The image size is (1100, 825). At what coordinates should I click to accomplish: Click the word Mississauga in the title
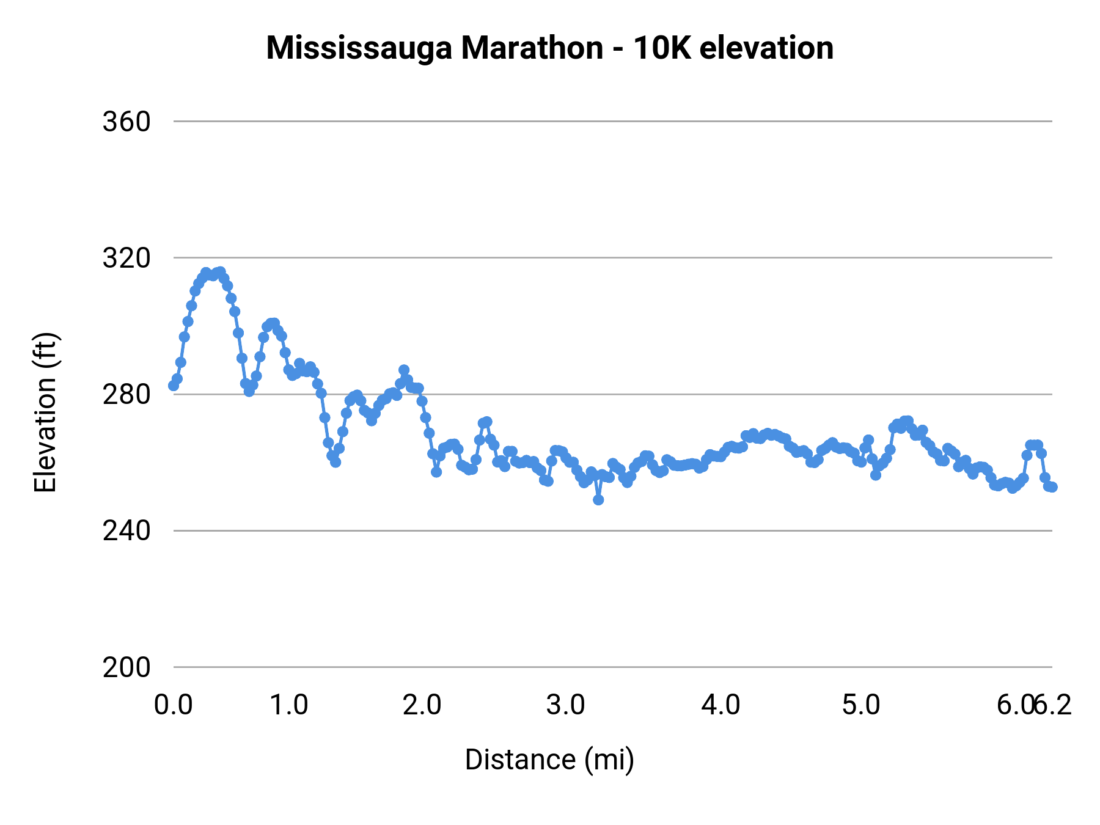pyautogui.click(x=360, y=48)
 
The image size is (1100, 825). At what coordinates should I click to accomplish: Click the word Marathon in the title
pyautogui.click(x=532, y=48)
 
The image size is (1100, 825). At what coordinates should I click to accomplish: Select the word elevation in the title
pyautogui.click(x=766, y=48)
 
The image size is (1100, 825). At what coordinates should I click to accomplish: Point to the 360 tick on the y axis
pyautogui.click(x=127, y=122)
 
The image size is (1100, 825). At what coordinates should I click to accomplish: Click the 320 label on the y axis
pyautogui.click(x=127, y=258)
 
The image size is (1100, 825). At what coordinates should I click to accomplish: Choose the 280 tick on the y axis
pyautogui.click(x=127, y=395)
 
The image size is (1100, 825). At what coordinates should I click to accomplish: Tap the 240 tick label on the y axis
pyautogui.click(x=127, y=531)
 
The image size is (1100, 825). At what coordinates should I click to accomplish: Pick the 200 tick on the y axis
pyautogui.click(x=127, y=667)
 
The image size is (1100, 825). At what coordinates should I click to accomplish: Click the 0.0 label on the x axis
pyautogui.click(x=173, y=705)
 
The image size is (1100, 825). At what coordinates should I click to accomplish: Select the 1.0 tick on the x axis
pyautogui.click(x=289, y=705)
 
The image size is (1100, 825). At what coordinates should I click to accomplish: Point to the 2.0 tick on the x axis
pyautogui.click(x=422, y=705)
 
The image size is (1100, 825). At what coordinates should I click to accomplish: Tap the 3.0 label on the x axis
pyautogui.click(x=565, y=705)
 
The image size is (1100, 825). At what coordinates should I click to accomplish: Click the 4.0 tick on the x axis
pyautogui.click(x=721, y=705)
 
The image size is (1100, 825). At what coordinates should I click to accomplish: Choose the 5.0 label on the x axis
pyautogui.click(x=861, y=705)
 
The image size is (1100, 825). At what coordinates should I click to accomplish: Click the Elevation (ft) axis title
pyautogui.click(x=45, y=413)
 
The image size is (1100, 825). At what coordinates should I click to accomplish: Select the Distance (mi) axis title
pyautogui.click(x=549, y=760)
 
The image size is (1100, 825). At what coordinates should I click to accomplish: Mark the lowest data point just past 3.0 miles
pyautogui.click(x=598, y=500)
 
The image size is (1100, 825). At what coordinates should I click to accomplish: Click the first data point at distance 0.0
pyautogui.click(x=174, y=385)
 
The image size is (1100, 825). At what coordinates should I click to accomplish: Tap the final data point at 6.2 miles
pyautogui.click(x=1052, y=487)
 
